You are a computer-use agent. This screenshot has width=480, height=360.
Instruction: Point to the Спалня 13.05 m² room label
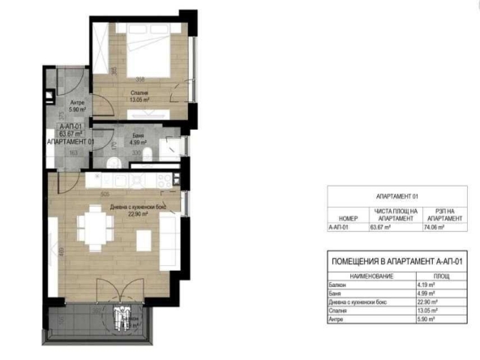click(139, 96)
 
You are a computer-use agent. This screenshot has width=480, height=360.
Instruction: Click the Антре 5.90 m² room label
click(77, 106)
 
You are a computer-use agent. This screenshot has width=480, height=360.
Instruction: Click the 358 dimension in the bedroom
click(139, 79)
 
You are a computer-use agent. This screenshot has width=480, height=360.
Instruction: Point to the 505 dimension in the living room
click(105, 195)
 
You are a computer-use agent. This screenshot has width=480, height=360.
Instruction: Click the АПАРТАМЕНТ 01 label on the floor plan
click(71, 142)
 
